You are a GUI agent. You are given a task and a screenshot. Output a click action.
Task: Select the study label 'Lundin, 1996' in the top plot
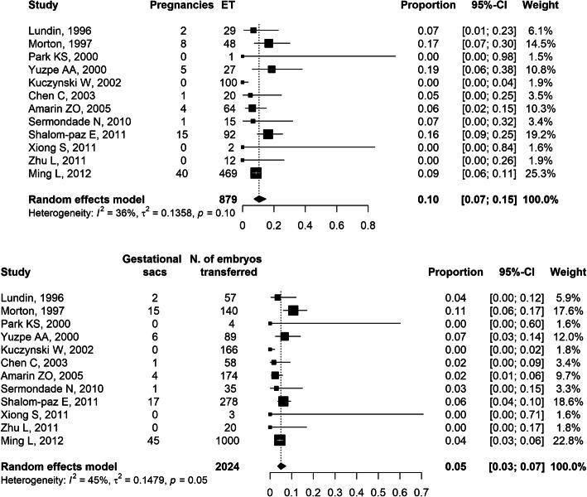(x=44, y=30)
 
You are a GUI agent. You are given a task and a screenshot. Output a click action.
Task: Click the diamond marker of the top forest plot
(x=259, y=200)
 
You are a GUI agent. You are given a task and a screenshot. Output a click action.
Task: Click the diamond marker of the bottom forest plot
(x=281, y=466)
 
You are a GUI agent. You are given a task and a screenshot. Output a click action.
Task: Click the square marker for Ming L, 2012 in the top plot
(x=256, y=173)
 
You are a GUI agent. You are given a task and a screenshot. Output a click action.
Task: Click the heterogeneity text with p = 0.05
(x=84, y=480)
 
